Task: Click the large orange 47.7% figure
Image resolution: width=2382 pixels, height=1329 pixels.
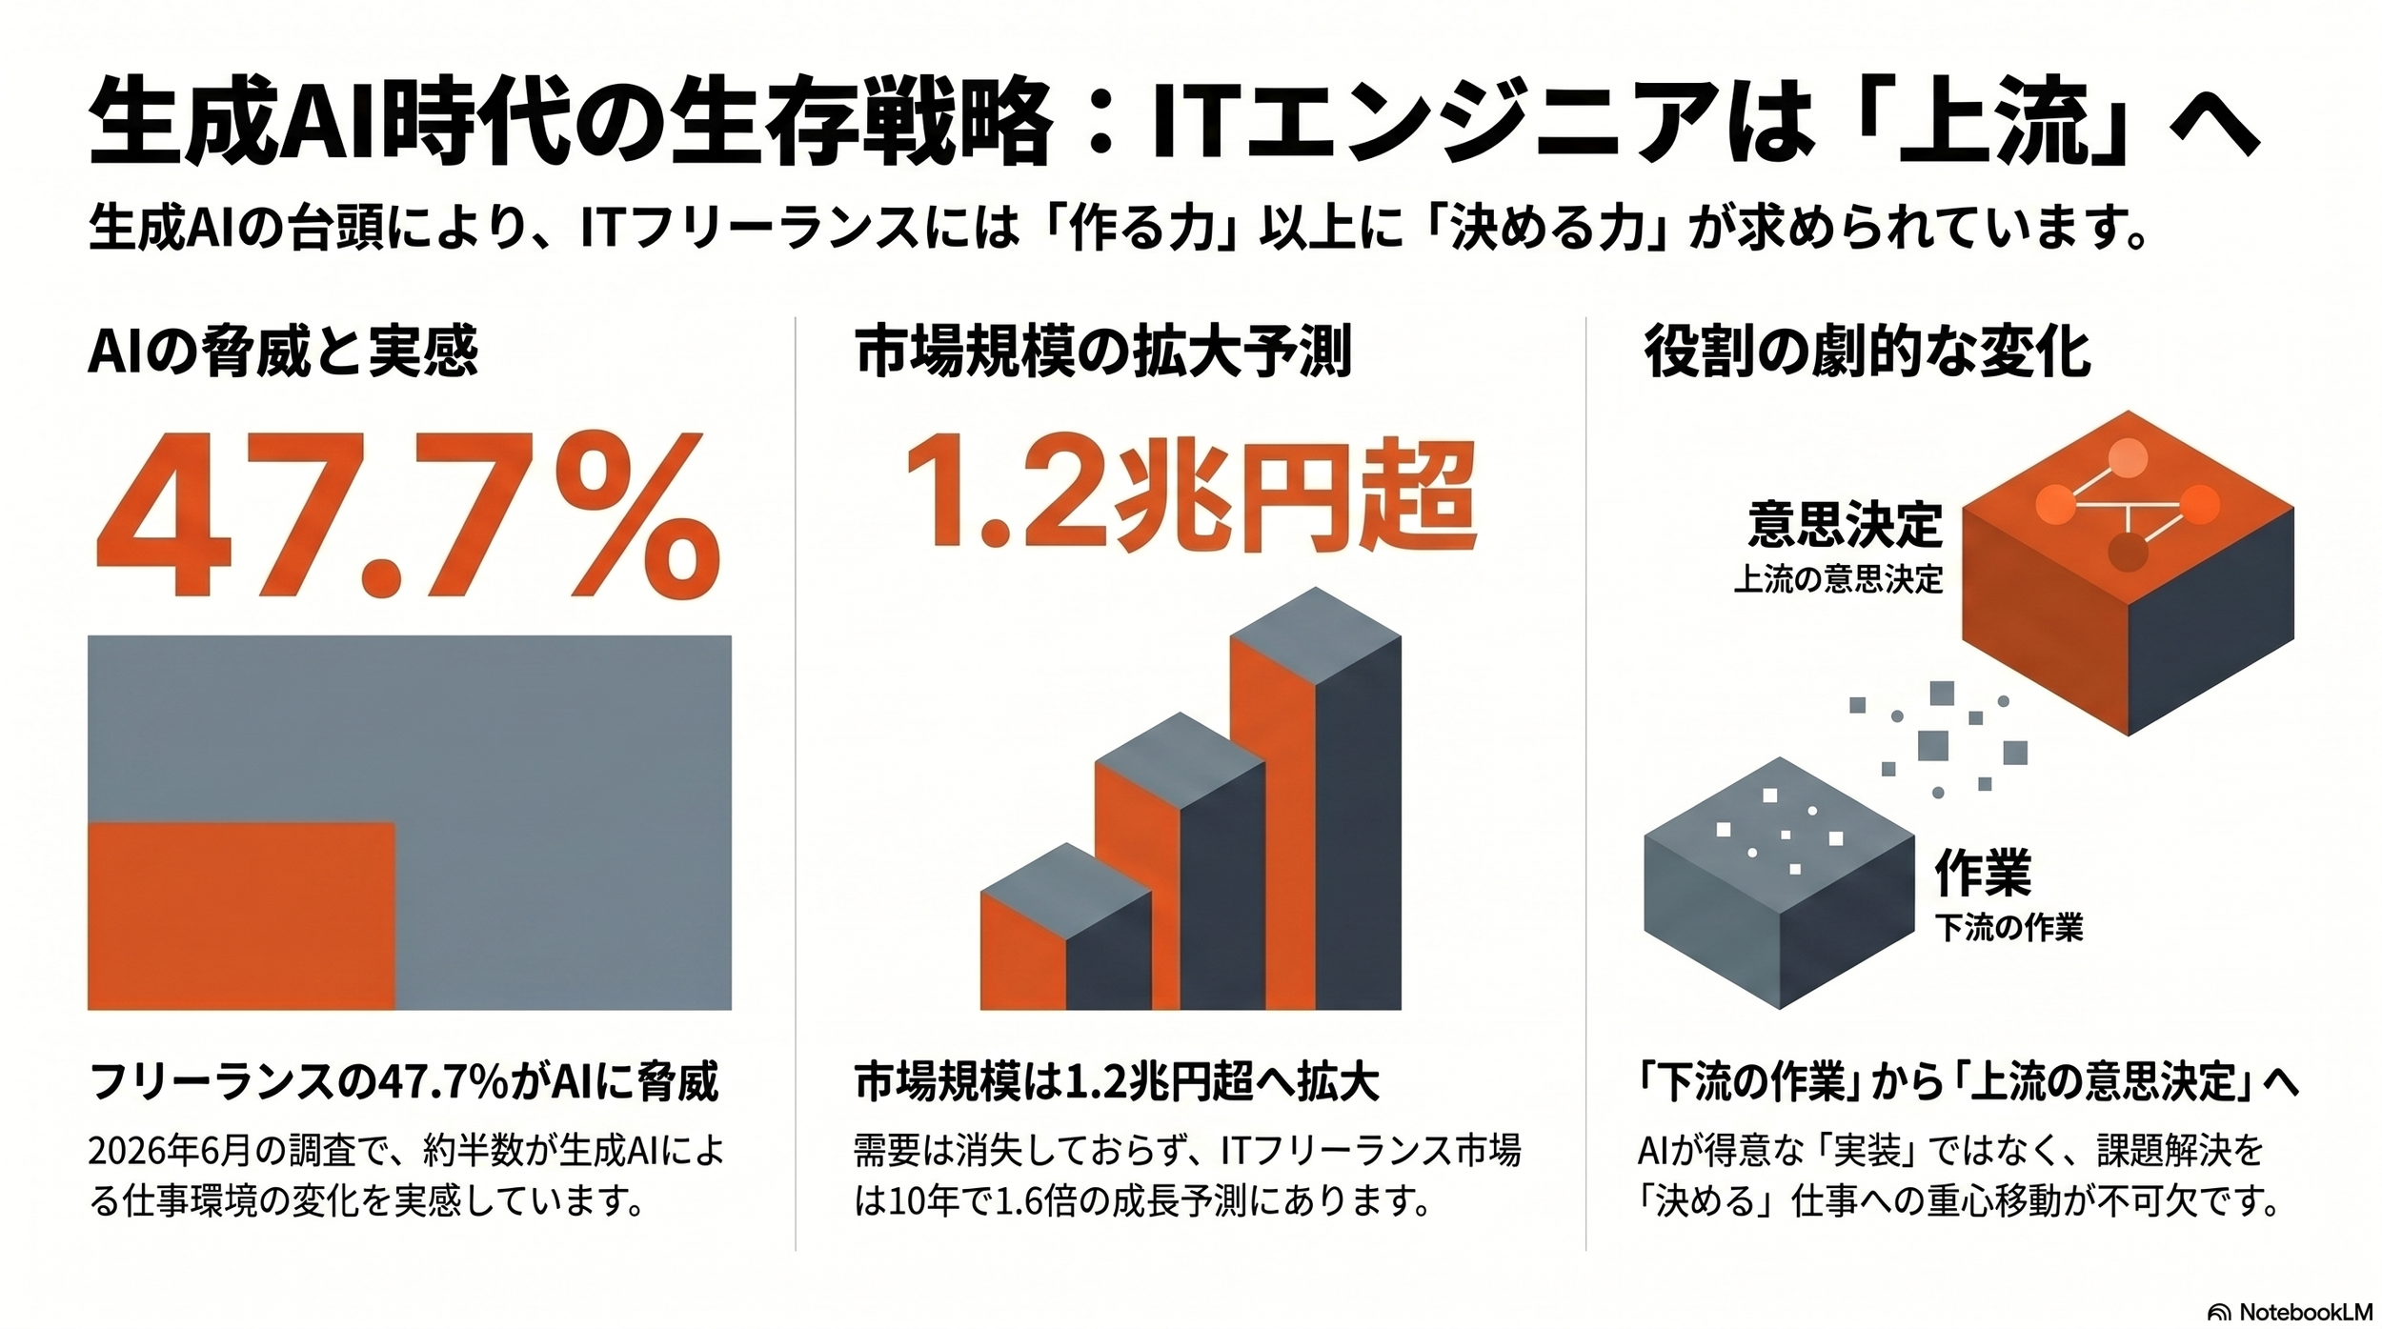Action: (x=408, y=515)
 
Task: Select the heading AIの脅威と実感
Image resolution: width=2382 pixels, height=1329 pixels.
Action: (x=283, y=352)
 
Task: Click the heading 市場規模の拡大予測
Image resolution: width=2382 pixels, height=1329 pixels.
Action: (x=1103, y=352)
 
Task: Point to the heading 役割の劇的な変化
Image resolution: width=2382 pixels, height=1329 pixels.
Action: (x=1867, y=352)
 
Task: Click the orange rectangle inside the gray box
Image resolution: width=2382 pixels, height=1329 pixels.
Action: (x=241, y=915)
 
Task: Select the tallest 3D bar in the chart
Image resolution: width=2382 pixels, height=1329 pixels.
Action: (x=1316, y=798)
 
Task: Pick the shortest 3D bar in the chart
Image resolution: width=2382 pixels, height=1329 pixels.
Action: (x=1066, y=927)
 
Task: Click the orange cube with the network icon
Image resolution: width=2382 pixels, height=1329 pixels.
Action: (x=2128, y=572)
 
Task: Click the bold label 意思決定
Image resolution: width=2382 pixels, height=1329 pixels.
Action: (x=1845, y=525)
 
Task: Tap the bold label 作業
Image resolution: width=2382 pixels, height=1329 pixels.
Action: (x=1983, y=874)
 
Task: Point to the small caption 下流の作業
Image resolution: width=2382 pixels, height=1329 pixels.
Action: (x=2009, y=928)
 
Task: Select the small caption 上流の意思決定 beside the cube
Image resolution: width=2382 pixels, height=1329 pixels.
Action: (x=1838, y=580)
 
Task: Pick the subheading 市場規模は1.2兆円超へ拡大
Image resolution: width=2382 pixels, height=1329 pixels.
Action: (x=1117, y=1083)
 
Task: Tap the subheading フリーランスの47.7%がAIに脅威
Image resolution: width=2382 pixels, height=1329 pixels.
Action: (x=403, y=1083)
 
